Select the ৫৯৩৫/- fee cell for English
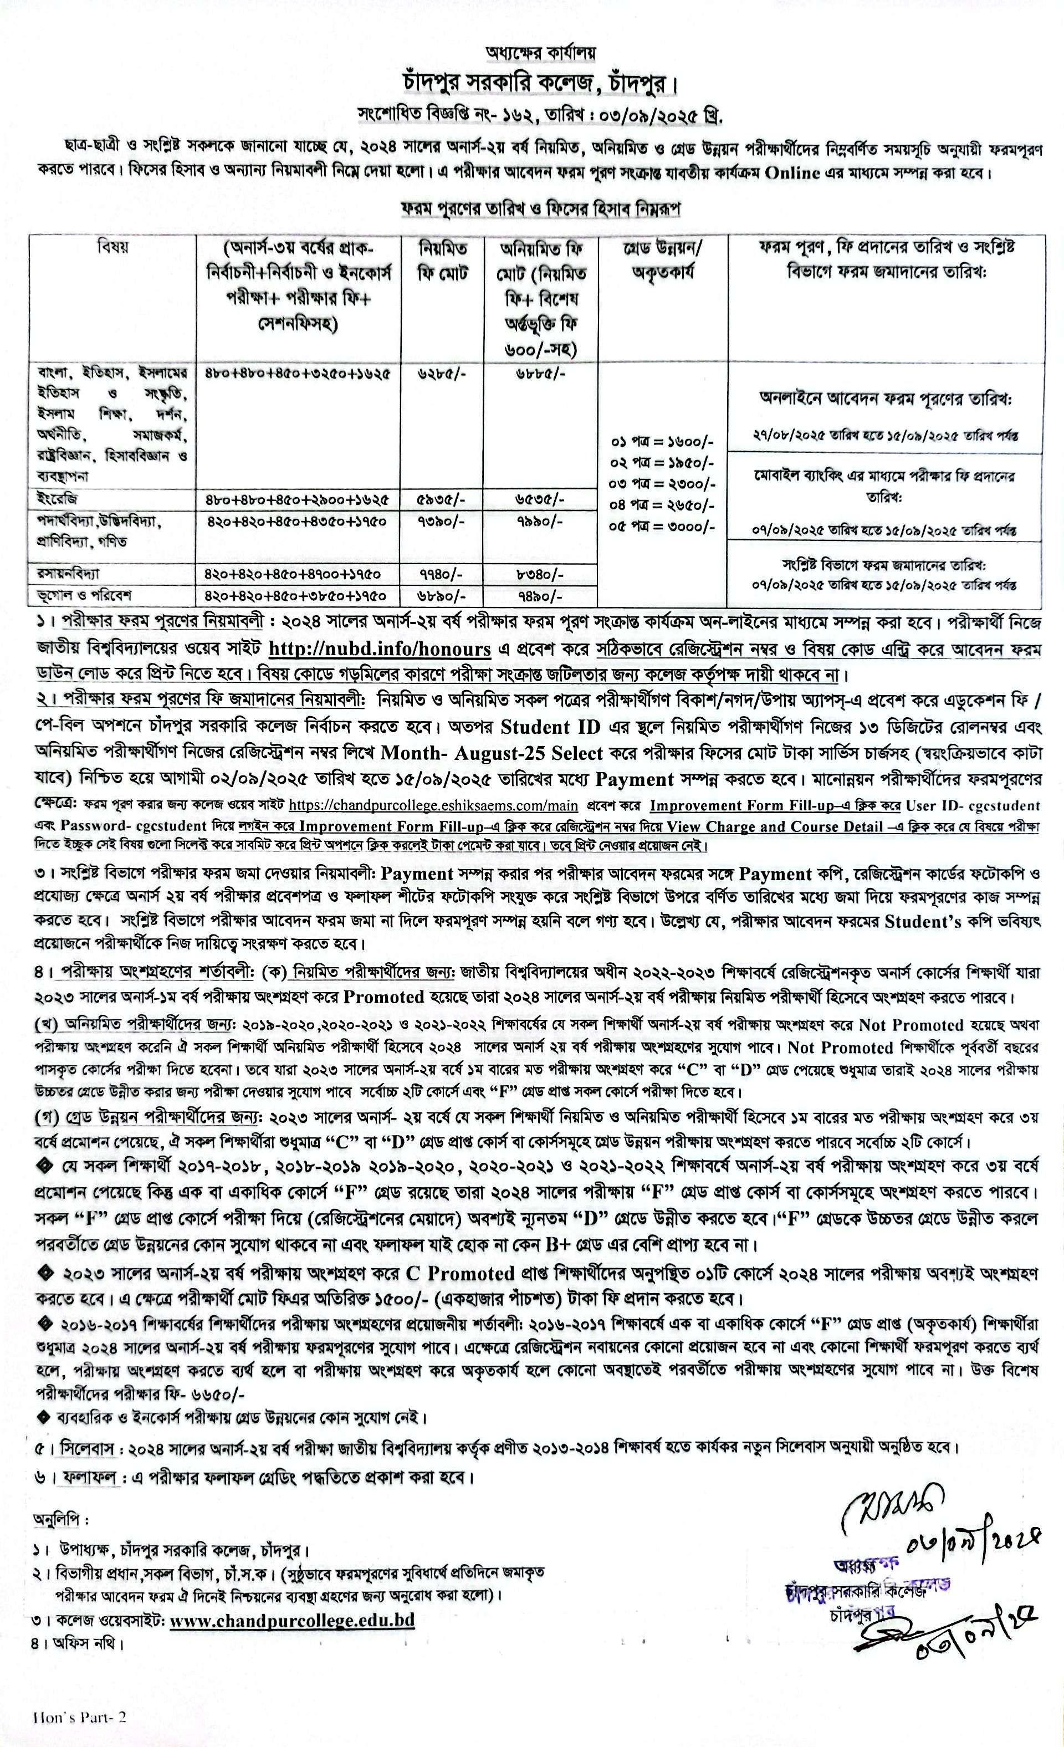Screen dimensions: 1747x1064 point(442,499)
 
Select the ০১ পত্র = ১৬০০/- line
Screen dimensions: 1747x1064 point(663,442)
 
